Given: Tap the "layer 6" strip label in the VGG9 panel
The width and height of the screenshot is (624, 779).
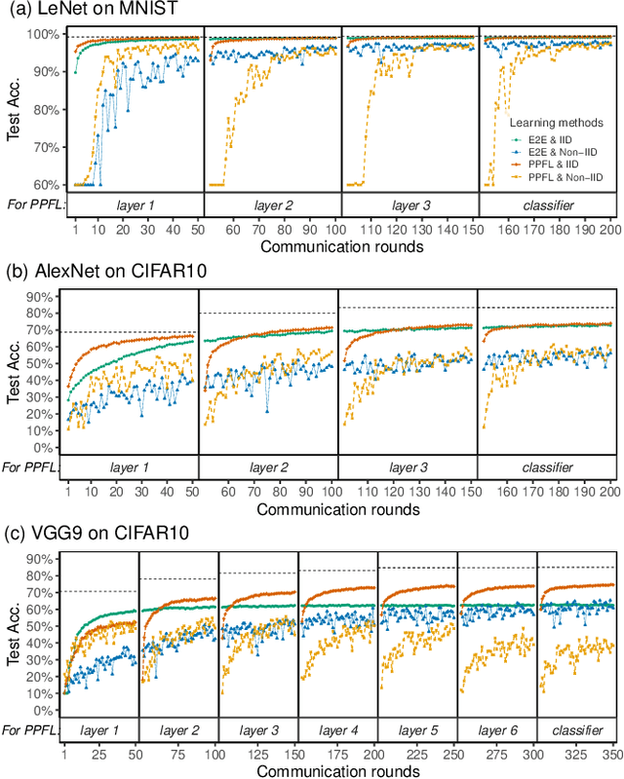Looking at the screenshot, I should tap(496, 729).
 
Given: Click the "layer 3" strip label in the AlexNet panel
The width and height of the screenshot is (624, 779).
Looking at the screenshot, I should tap(408, 468).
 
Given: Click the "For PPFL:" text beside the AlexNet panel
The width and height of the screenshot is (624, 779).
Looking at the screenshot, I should tap(31, 468).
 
